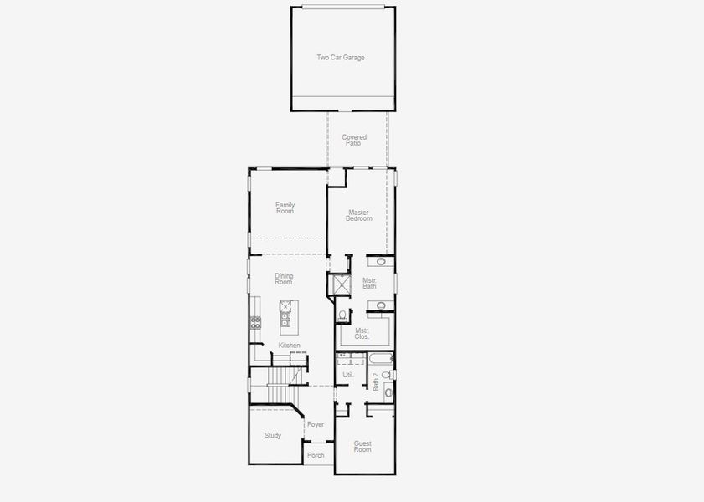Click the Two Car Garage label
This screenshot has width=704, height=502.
click(341, 58)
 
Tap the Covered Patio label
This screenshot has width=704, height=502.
click(354, 141)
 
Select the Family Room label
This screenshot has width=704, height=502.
click(285, 207)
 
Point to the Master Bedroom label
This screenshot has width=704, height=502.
click(359, 215)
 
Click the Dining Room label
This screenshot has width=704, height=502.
click(284, 279)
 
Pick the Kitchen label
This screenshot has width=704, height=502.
click(290, 345)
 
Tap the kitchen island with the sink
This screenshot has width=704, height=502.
click(285, 312)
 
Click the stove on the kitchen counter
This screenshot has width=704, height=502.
click(255, 323)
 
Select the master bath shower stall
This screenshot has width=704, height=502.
click(341, 286)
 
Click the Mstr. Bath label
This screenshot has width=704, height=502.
click(369, 283)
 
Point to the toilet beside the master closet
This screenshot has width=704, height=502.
click(342, 315)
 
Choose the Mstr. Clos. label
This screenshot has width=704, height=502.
click(362, 333)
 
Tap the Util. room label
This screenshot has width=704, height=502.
click(348, 375)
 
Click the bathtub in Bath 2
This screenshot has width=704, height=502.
click(380, 361)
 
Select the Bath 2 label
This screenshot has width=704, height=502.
click(376, 382)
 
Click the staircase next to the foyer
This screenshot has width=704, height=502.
click(278, 392)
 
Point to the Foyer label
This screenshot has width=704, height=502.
click(316, 425)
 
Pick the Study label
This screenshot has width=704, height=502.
click(273, 435)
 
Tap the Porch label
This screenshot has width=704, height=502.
click(316, 455)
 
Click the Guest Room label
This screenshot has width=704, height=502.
click(362, 447)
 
